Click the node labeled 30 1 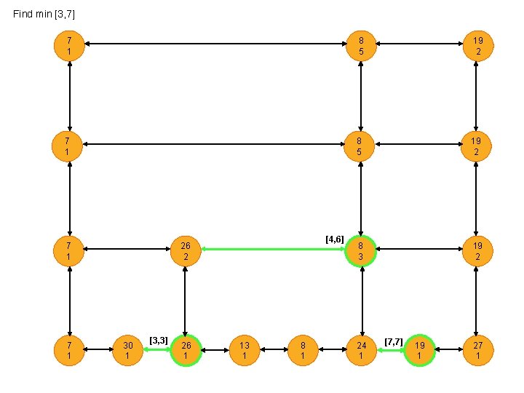[x=127, y=350]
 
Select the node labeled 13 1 [x=245, y=350]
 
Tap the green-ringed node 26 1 [x=186, y=350]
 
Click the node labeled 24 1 [x=361, y=350]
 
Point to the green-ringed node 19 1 [x=419, y=350]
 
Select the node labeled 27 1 [x=477, y=350]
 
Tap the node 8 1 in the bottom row [x=303, y=350]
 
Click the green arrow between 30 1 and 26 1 [x=156, y=350]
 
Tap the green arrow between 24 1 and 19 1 [x=390, y=350]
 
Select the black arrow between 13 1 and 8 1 [x=274, y=350]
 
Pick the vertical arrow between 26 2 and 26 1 [x=186, y=300]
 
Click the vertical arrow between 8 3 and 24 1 [x=361, y=300]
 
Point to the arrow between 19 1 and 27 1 [x=448, y=350]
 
